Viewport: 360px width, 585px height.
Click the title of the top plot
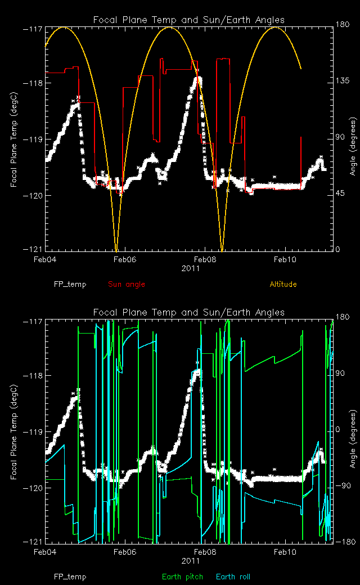188,20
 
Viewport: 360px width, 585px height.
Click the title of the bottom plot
188,312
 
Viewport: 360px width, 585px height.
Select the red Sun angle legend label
127,284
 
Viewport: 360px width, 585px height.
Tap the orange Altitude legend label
283,284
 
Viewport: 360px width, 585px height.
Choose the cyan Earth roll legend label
233,577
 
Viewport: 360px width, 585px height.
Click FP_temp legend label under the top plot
70,284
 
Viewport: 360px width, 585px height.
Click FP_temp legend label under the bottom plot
70,577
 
